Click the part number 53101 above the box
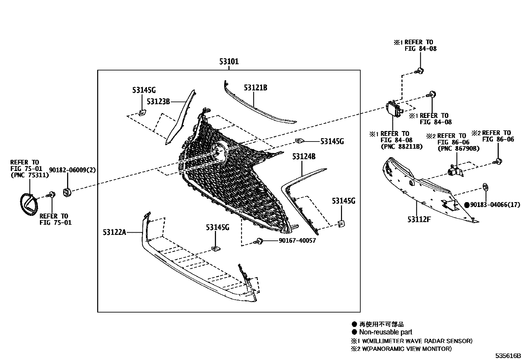tap(229, 62)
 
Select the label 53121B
tap(255, 87)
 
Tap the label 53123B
tap(158, 102)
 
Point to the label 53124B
tap(304, 157)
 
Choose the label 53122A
tap(115, 232)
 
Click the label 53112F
tap(419, 219)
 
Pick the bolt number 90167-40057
tap(297, 240)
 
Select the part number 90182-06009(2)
tap(72, 170)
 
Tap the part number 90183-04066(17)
tap(495, 205)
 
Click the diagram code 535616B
tap(508, 356)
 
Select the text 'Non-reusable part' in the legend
tap(386, 332)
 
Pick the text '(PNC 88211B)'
tap(402, 146)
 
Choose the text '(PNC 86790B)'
tap(458, 148)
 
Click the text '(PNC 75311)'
tap(30, 175)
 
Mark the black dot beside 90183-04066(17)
tap(467, 205)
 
